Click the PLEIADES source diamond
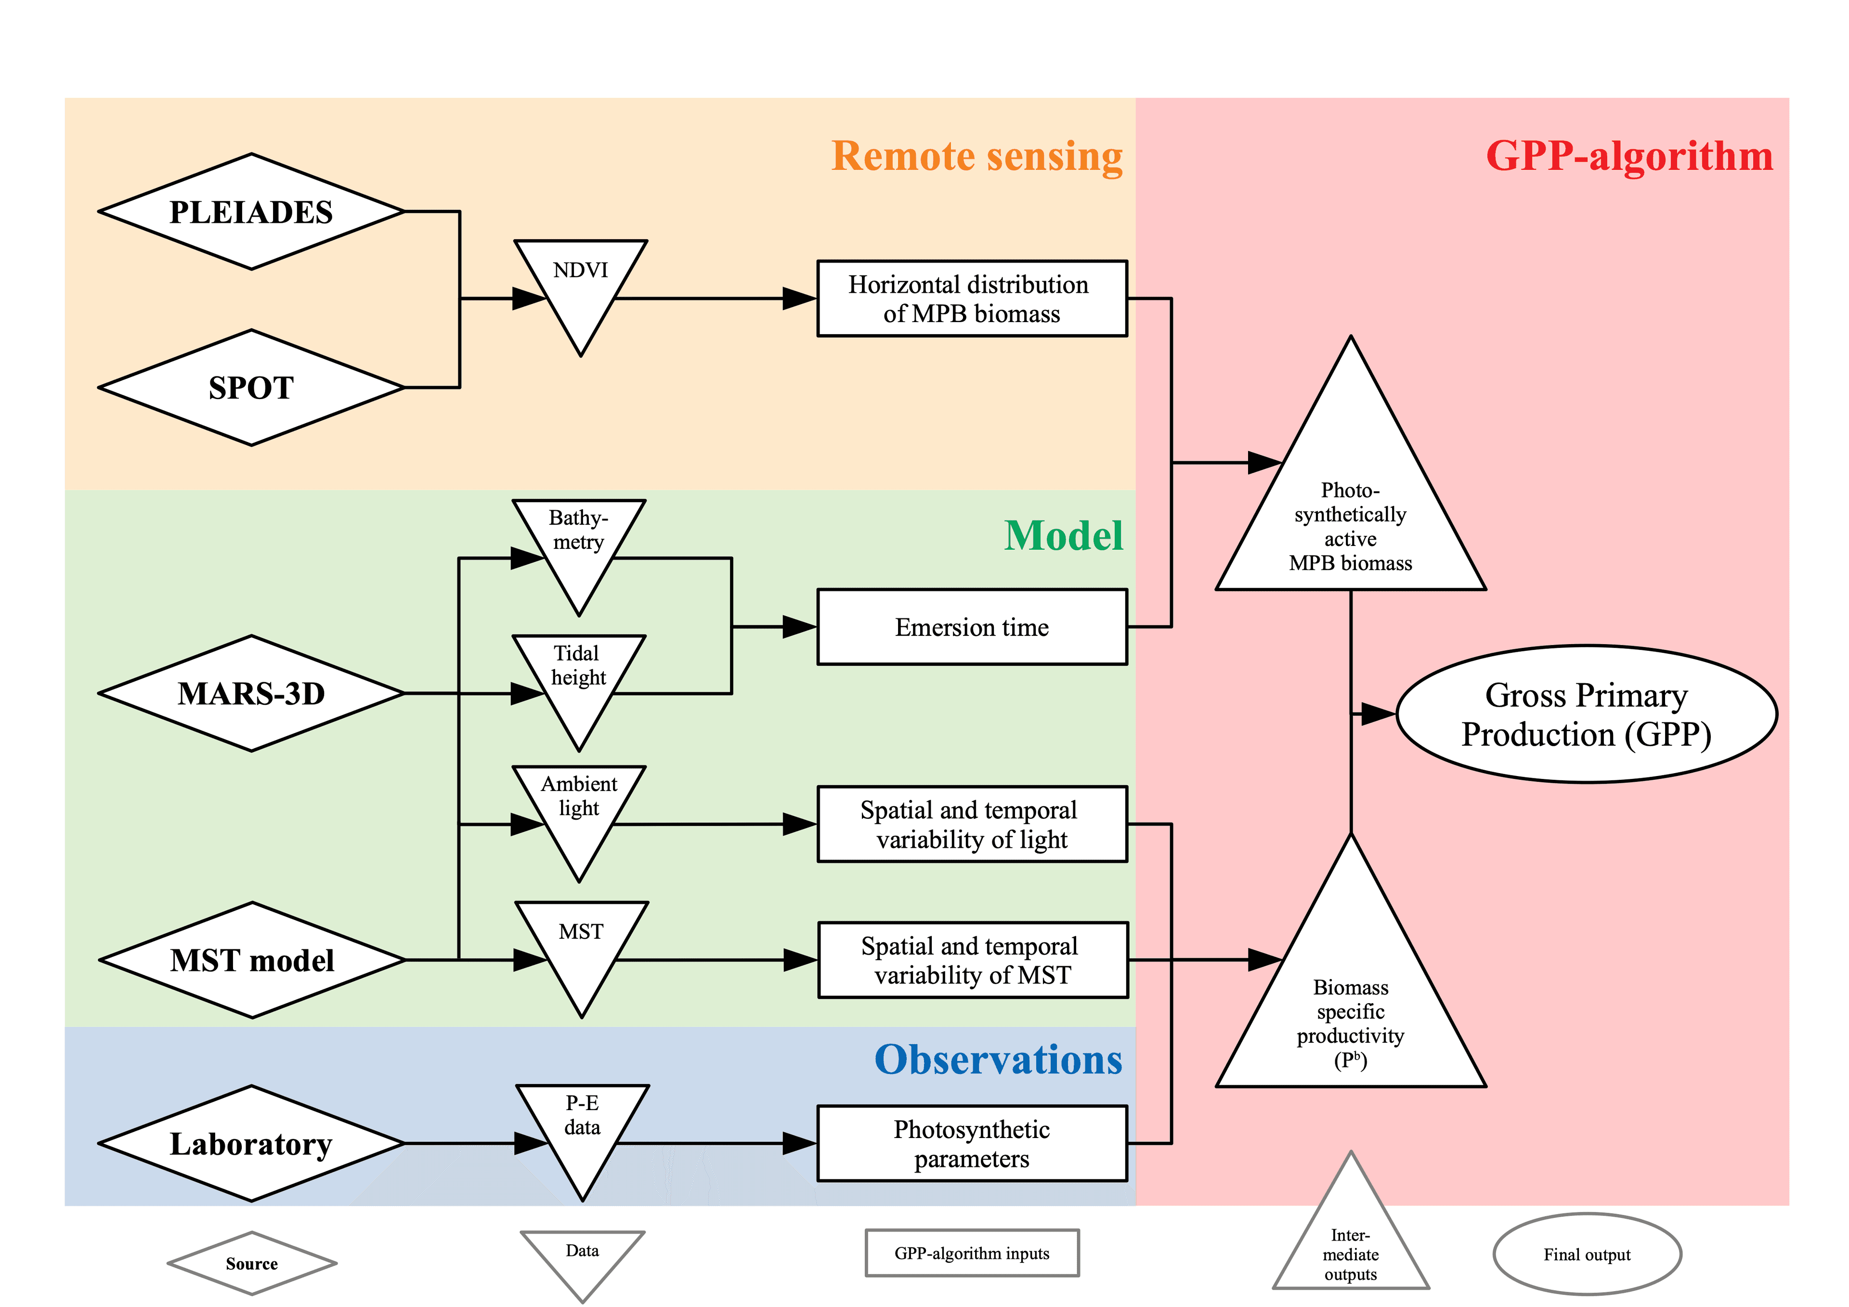(x=251, y=212)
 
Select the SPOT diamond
(x=251, y=388)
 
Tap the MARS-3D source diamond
(x=251, y=693)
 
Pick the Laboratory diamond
(x=251, y=1143)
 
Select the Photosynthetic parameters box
(x=972, y=1143)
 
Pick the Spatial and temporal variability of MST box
(x=973, y=960)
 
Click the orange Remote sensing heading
(x=977, y=156)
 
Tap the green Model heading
(x=1063, y=535)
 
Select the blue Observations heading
(x=999, y=1060)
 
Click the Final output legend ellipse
(x=1587, y=1255)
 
